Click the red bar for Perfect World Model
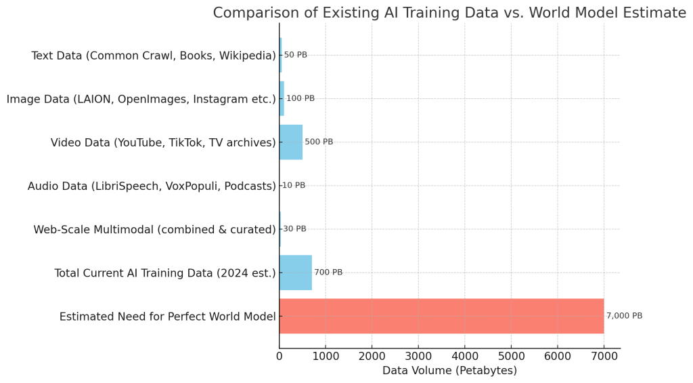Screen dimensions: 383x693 coord(441,316)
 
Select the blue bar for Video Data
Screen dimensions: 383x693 coord(291,142)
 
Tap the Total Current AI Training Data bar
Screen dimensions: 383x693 coord(296,273)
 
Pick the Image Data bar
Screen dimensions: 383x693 coord(282,98)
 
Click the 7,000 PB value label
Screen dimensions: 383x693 coord(624,316)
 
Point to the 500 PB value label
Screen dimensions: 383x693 coord(319,142)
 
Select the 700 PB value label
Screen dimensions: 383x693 coord(328,273)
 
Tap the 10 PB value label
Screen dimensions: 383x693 coord(293,185)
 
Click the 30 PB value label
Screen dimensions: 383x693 coord(294,229)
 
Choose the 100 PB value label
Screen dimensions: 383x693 coord(300,98)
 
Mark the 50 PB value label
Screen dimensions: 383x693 coord(295,55)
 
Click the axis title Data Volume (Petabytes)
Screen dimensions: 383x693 coord(449,371)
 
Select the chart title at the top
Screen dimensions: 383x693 coord(449,13)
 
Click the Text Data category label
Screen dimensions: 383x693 coord(154,56)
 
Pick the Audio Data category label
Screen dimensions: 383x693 coord(152,186)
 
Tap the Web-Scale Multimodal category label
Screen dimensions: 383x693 coord(154,230)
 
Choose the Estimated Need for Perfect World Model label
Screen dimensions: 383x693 coord(168,317)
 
